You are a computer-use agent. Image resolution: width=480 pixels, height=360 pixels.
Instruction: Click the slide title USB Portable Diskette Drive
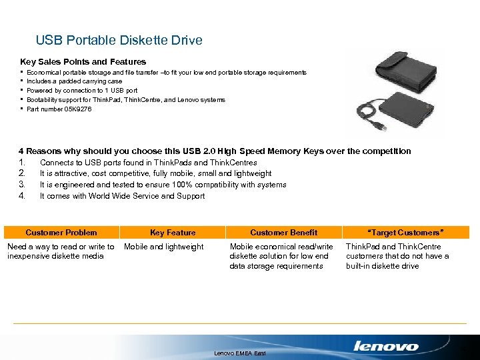[119, 41]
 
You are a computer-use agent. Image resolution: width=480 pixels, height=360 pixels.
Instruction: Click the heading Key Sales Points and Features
[83, 61]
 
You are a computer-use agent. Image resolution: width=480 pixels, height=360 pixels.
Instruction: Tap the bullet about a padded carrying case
[74, 81]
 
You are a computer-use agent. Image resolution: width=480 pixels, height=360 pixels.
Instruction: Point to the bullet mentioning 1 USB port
[82, 91]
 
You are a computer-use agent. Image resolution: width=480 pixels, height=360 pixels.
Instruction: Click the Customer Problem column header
[61, 233]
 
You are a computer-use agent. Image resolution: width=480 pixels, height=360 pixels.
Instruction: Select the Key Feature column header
[173, 233]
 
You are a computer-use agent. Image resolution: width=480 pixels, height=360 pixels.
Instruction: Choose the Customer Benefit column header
[283, 233]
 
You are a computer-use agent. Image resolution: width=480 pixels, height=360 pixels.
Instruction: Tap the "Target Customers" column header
[406, 233]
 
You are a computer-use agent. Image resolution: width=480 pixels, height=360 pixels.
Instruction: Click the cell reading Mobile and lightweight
[164, 247]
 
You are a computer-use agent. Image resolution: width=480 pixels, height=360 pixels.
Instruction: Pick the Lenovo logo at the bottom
[386, 346]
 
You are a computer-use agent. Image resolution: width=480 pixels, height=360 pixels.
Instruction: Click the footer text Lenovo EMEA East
[239, 353]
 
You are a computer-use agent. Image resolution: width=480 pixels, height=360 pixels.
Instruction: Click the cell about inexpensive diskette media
[61, 251]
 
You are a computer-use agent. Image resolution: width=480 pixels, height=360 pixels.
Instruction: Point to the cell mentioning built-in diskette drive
[397, 256]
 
